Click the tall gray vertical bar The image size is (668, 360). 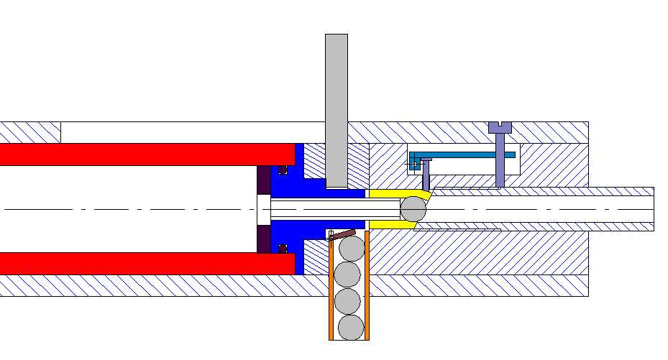click(337, 108)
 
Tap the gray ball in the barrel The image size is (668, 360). click(413, 209)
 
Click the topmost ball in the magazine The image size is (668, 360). click(351, 249)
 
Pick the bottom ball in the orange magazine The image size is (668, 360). click(351, 328)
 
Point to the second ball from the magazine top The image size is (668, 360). click(347, 274)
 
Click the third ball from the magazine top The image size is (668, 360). click(349, 301)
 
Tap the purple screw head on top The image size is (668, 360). click(500, 128)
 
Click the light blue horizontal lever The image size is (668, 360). click(467, 154)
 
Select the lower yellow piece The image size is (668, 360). click(392, 225)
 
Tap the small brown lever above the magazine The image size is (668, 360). click(344, 234)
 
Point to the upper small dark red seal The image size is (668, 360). click(283, 170)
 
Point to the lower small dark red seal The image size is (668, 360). click(283, 248)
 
